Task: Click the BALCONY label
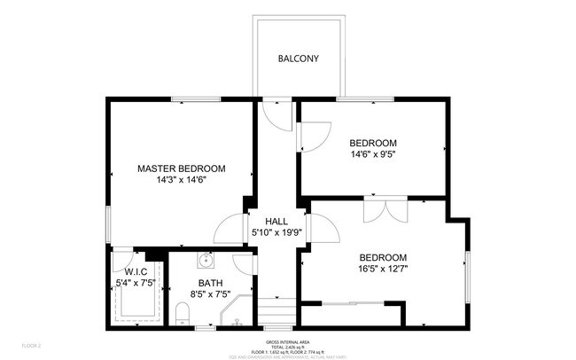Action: pos(298,59)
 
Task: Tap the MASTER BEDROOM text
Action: pos(181,168)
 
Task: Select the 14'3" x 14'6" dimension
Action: pos(181,179)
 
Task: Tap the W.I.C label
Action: pos(136,272)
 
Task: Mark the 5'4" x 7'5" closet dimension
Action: pos(136,284)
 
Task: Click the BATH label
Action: pos(210,283)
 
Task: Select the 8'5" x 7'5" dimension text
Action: pos(210,294)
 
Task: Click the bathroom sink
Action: pos(205,261)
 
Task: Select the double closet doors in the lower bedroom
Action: pos(385,212)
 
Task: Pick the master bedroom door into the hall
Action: pos(233,228)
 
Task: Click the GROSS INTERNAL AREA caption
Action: pos(286,341)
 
